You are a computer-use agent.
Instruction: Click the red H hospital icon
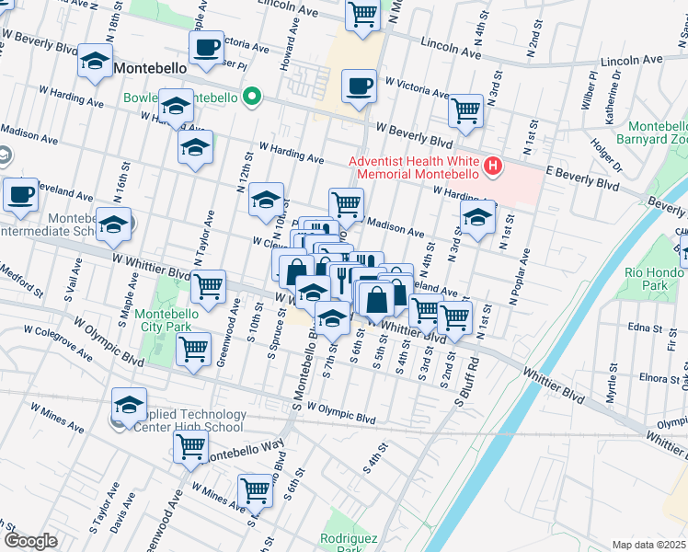click(494, 167)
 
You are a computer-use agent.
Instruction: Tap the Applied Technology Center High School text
click(189, 420)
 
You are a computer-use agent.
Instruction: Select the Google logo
click(30, 540)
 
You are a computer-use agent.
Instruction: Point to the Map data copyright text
click(649, 545)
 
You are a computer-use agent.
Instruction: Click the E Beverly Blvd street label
click(582, 178)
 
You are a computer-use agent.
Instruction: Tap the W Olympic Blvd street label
click(341, 412)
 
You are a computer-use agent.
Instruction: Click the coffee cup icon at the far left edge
click(20, 194)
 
